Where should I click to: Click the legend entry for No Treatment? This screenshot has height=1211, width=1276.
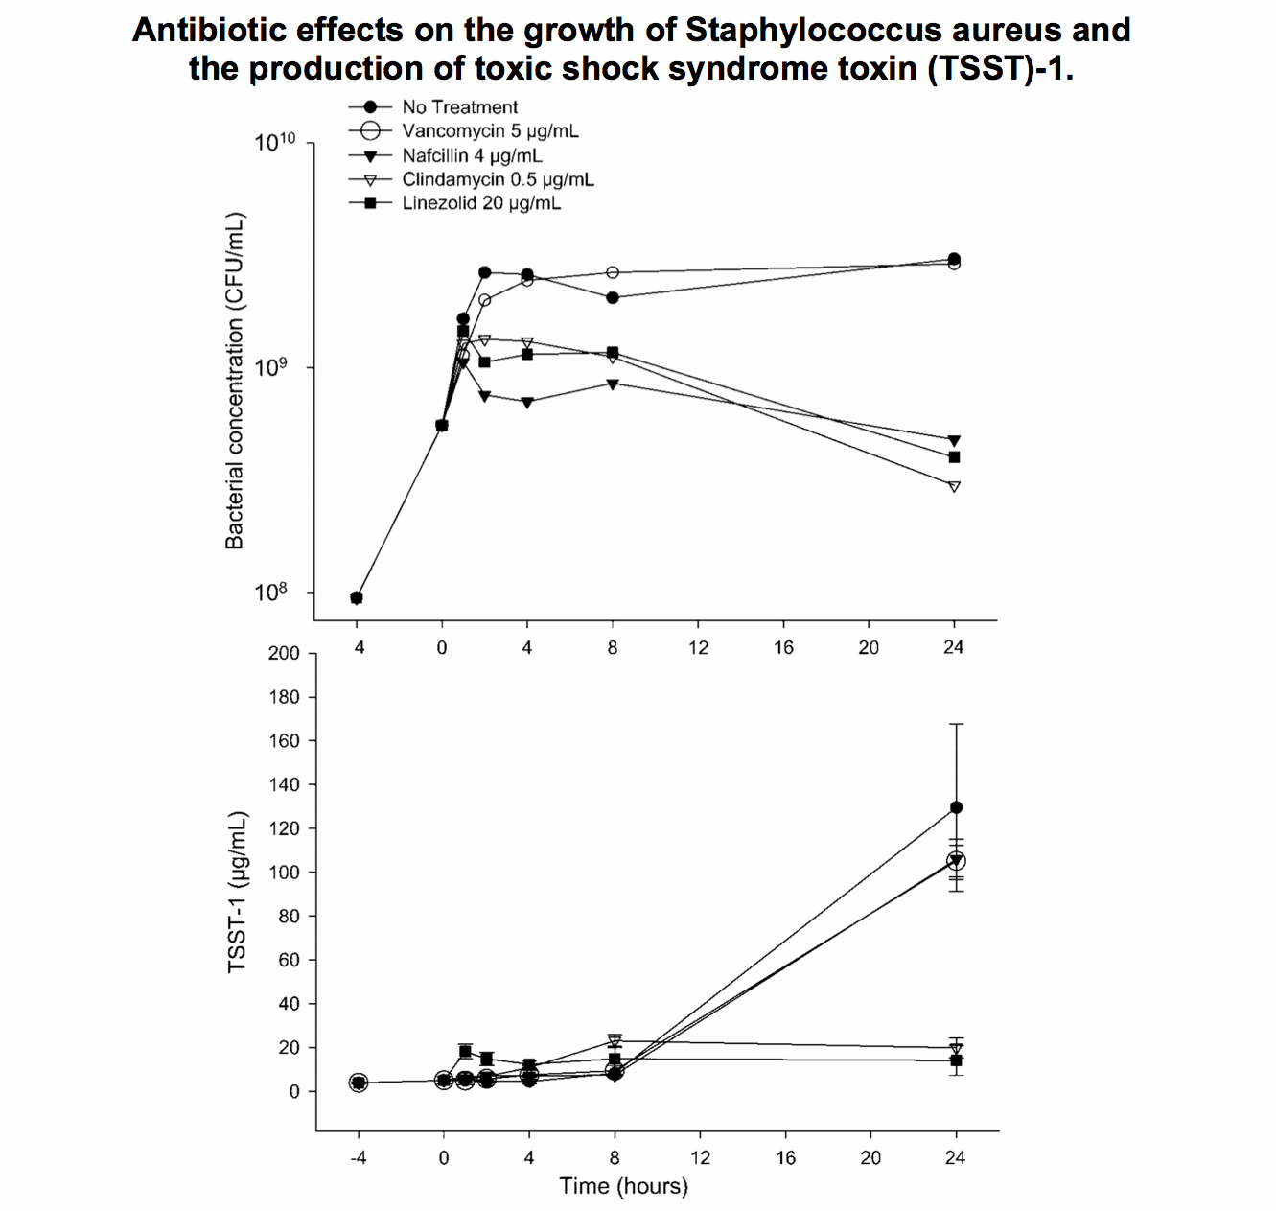(459, 107)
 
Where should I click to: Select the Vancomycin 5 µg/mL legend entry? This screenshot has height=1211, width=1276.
(490, 131)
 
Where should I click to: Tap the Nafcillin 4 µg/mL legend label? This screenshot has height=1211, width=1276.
(472, 155)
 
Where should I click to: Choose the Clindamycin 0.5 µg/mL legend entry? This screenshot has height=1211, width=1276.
(498, 179)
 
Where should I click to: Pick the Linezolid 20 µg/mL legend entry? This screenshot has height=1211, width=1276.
(481, 203)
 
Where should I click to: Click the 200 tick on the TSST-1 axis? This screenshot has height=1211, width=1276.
(284, 654)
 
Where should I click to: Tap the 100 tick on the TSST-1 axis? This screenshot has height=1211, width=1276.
(284, 873)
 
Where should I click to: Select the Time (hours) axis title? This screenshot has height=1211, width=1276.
(624, 1186)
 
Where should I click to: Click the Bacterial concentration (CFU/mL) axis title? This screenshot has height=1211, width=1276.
(235, 380)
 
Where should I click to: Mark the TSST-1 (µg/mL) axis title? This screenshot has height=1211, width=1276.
(237, 893)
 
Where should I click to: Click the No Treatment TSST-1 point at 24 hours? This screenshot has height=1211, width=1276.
(956, 807)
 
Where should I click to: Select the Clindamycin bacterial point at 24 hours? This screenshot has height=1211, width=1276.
(954, 487)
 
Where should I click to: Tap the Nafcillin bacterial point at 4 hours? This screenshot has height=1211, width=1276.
(527, 403)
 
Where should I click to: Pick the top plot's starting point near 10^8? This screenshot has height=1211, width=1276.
(357, 598)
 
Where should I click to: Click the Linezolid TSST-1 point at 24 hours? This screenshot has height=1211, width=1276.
(956, 1060)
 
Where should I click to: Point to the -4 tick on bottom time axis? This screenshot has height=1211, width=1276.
(358, 1157)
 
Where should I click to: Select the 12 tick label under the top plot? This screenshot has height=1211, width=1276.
(699, 647)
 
